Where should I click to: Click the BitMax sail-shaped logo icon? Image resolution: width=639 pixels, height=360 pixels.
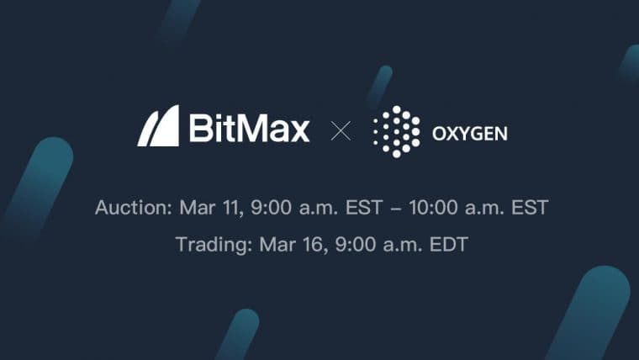(158, 126)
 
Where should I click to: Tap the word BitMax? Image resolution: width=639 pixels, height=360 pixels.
(249, 129)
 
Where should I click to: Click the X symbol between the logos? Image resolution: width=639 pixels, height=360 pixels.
(341, 130)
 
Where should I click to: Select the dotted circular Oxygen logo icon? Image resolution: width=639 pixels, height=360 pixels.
(395, 132)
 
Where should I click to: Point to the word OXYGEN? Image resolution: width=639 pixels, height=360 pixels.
(469, 134)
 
